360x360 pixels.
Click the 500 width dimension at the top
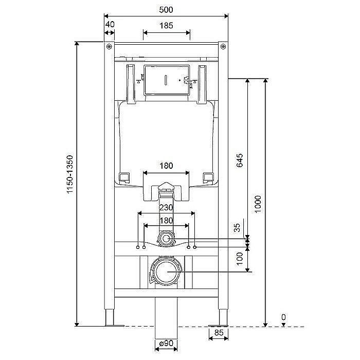coord(166,10)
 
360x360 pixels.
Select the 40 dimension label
coord(110,24)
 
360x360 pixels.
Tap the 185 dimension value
coord(166,25)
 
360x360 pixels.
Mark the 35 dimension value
coord(238,228)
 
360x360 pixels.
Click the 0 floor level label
coord(283,317)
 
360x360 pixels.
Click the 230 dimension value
coord(166,208)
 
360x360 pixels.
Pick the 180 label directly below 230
coord(166,220)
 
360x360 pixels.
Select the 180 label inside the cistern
coord(166,166)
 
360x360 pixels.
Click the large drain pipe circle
coord(166,272)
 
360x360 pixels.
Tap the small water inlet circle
coord(166,239)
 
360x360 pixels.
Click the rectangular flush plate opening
coord(165,80)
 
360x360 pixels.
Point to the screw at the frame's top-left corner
coord(110,47)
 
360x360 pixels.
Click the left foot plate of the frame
coord(114,325)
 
